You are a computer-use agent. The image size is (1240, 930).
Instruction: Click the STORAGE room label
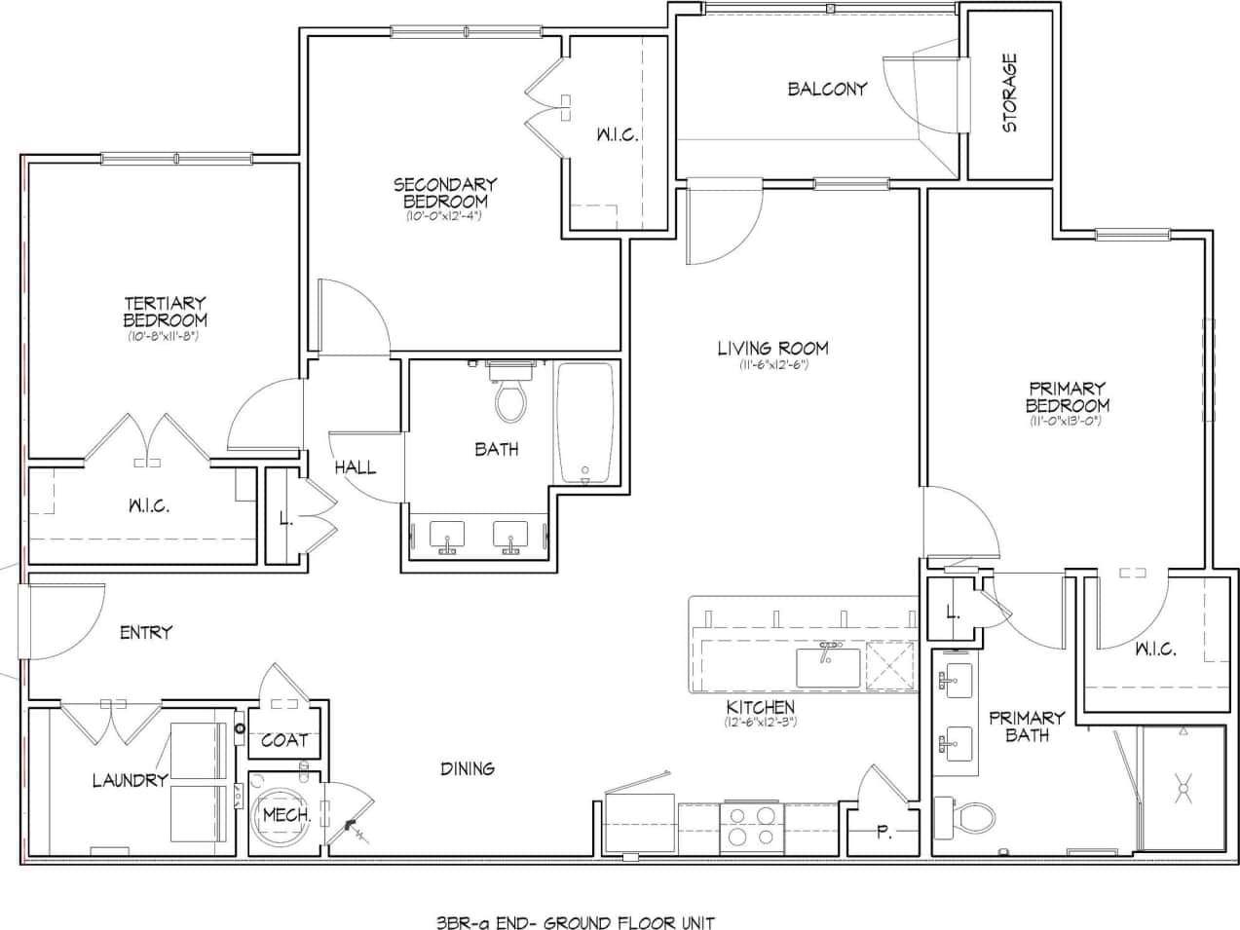[x=1010, y=93]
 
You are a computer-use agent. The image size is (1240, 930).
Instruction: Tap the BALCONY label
[x=827, y=90]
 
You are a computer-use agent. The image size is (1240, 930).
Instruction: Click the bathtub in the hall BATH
[x=585, y=423]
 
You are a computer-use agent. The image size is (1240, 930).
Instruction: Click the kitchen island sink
[x=827, y=667]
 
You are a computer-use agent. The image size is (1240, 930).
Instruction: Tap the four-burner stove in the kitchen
[x=750, y=827]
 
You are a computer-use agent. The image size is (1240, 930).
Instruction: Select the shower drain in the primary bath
[x=1184, y=786]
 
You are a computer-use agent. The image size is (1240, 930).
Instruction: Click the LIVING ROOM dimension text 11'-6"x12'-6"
[x=772, y=365]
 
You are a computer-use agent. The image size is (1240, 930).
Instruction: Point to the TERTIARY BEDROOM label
[x=165, y=312]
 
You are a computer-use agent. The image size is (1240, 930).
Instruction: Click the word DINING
[x=468, y=768]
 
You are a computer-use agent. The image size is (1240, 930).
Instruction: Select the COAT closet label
[x=283, y=740]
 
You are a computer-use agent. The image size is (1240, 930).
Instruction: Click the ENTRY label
[x=145, y=633]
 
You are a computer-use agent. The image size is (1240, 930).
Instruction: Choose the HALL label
[x=355, y=467]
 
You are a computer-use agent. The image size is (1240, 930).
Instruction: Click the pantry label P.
[x=883, y=833]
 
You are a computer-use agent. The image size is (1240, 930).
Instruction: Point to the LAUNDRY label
[x=130, y=780]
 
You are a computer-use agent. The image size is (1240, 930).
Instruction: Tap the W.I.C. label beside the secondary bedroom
[x=618, y=135]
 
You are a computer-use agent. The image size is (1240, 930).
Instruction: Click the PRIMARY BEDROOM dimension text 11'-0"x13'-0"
[x=1067, y=422]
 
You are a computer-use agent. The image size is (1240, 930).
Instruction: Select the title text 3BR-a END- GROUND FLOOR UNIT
[x=576, y=922]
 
